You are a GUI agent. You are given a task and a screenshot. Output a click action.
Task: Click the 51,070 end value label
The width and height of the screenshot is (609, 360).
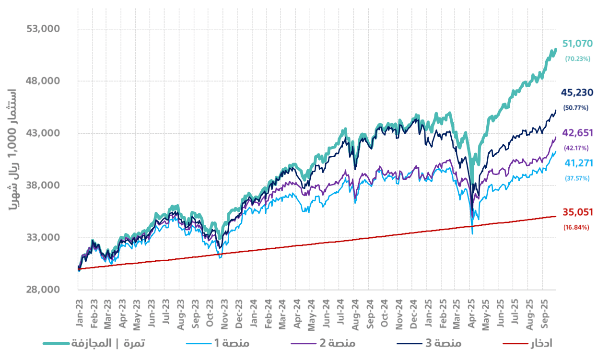point(577,44)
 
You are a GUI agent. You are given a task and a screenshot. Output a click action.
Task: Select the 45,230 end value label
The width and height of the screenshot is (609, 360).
point(577,93)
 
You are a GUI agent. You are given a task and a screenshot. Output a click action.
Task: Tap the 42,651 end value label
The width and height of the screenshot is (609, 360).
point(577,133)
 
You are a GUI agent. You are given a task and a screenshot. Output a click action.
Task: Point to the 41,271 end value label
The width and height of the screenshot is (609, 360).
point(578,163)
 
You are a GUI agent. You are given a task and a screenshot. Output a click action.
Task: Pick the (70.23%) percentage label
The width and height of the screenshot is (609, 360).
point(577,58)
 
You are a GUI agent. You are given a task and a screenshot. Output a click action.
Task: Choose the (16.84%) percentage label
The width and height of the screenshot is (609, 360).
point(576,227)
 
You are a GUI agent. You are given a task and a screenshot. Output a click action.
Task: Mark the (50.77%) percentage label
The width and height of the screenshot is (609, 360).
point(576,107)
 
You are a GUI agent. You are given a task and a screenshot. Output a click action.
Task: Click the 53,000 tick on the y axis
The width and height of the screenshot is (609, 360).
point(42,29)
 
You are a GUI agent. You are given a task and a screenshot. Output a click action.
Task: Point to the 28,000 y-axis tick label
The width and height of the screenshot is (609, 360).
point(42,290)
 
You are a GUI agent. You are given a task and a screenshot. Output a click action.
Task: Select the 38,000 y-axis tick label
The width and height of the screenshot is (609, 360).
point(42,186)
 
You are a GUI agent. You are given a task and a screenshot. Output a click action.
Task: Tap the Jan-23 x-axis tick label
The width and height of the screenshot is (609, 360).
point(80,314)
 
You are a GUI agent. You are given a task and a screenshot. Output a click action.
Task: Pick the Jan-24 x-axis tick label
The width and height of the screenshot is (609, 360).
point(254,314)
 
